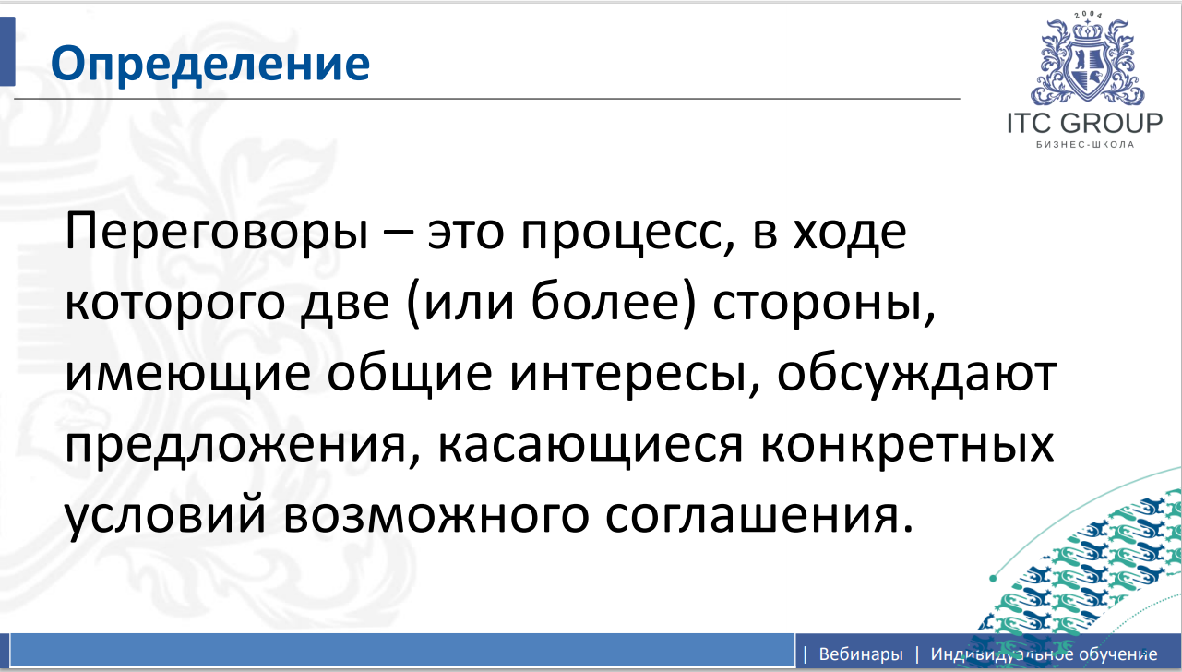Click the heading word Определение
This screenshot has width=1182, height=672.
(x=209, y=64)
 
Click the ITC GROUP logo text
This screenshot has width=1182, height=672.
(x=1085, y=124)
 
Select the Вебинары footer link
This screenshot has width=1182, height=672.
(x=860, y=654)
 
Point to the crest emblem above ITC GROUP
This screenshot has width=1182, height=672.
(x=1085, y=61)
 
